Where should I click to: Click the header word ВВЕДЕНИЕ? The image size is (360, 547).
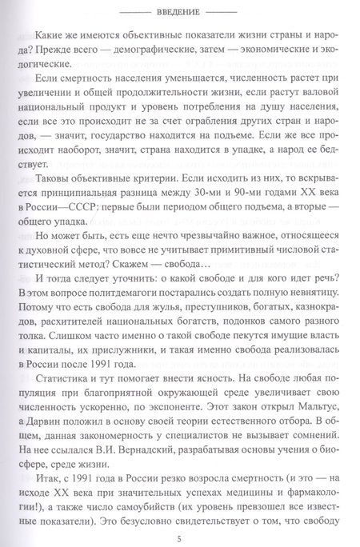(180, 12)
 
